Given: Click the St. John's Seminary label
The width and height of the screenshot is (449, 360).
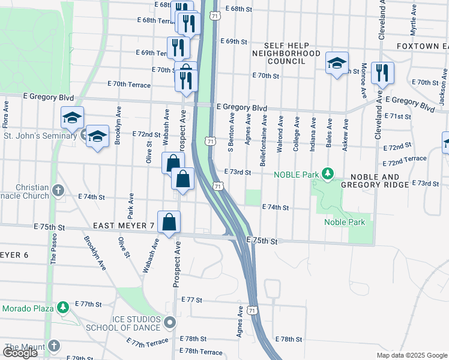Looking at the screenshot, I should click(x=39, y=136).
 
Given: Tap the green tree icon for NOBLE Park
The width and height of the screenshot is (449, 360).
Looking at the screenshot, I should click(x=327, y=175).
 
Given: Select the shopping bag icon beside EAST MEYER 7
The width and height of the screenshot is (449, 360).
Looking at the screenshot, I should click(x=169, y=221).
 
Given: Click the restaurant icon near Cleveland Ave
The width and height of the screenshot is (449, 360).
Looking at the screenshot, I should click(x=382, y=73).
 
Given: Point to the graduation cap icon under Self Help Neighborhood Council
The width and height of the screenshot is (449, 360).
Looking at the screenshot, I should click(x=337, y=63).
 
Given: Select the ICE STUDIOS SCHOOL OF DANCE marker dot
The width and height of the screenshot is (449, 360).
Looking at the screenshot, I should click(x=170, y=323).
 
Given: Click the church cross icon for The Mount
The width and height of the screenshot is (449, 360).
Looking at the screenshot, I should click(x=54, y=346).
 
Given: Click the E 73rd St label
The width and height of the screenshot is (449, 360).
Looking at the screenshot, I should click(x=237, y=172).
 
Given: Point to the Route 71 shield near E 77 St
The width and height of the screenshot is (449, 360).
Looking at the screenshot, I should click(x=253, y=310).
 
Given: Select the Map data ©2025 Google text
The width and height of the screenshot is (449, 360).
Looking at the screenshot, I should click(x=411, y=355).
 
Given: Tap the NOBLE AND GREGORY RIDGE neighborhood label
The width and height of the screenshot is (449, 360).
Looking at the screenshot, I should click(x=378, y=180).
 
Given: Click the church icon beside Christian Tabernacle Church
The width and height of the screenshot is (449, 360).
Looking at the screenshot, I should click(x=58, y=191).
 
